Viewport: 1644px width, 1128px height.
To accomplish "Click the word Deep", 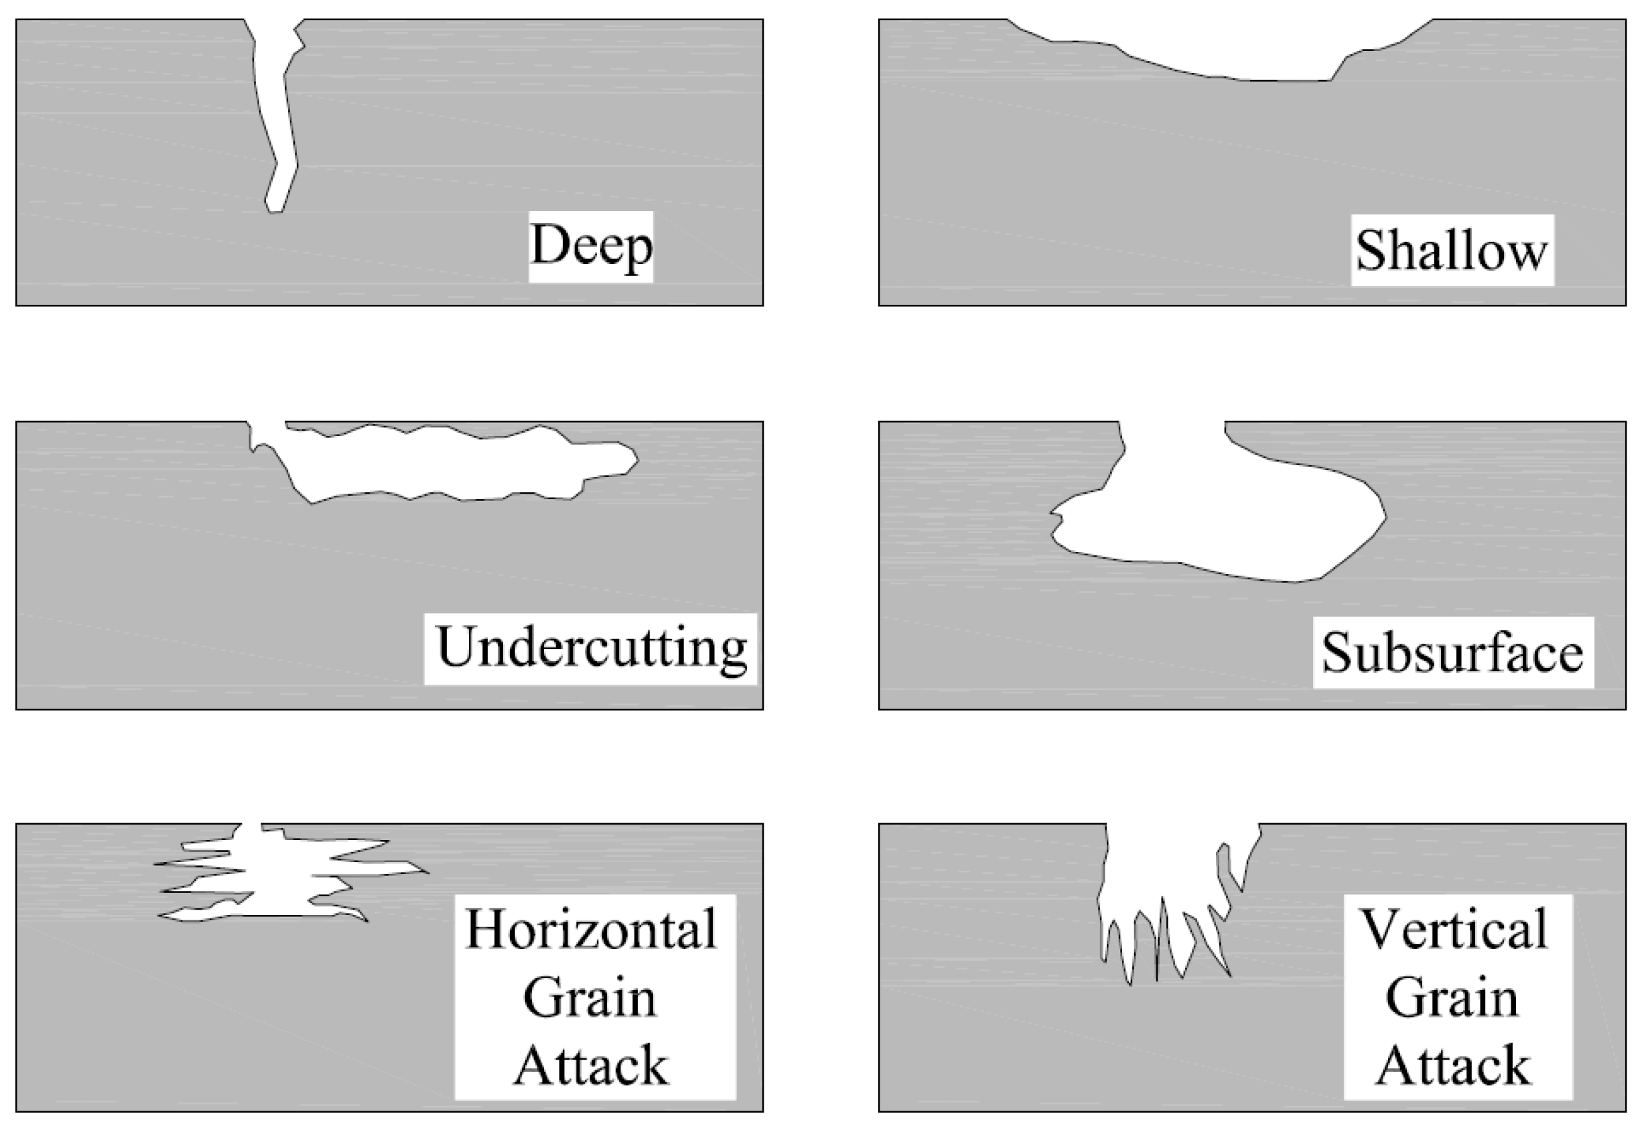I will [x=591, y=246].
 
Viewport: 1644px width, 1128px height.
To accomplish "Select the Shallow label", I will [x=1451, y=251].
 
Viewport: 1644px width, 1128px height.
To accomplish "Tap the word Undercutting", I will [x=592, y=648].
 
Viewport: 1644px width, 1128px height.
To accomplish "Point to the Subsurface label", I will [x=1452, y=652].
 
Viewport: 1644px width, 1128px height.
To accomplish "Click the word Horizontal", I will [x=592, y=928].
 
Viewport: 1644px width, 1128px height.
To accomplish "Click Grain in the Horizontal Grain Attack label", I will [x=590, y=997].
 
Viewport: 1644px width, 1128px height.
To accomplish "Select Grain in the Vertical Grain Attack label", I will [x=1452, y=997].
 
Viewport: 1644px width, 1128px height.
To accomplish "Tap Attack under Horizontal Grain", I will [x=592, y=1065].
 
